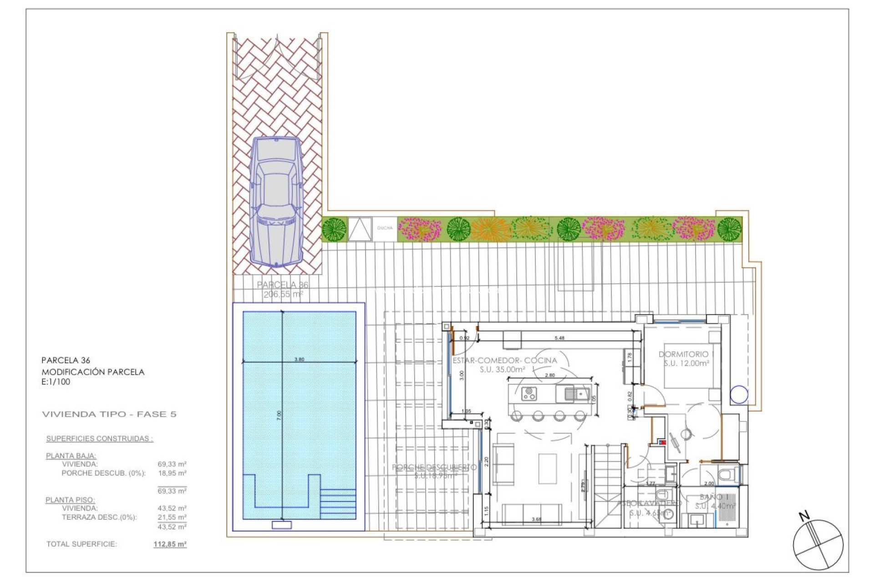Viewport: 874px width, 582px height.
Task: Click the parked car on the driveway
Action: (276, 201)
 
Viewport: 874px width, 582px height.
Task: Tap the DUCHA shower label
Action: (385, 228)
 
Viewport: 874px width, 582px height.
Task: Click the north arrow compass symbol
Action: (818, 543)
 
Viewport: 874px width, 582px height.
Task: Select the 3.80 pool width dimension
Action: (299, 359)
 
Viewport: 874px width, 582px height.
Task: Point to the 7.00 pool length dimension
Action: (279, 416)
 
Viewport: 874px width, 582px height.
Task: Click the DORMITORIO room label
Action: (683, 354)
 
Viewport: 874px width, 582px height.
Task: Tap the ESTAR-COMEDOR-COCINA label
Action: (504, 360)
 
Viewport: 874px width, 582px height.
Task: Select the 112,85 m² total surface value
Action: (170, 544)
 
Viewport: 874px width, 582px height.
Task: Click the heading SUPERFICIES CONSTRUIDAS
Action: (99, 438)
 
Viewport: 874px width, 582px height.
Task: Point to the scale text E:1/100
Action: (56, 382)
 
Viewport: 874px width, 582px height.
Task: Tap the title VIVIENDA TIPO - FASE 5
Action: (109, 414)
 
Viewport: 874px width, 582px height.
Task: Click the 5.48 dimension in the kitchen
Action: (559, 338)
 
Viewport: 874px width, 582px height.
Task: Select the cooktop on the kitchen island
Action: (529, 393)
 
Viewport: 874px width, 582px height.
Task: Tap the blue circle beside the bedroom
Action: (739, 395)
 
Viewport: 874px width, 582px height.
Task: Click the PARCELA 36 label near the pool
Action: (282, 285)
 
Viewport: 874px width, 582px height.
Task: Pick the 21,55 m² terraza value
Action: (172, 517)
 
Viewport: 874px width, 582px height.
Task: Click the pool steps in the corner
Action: (338, 503)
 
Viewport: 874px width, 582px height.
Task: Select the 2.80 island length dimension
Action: (550, 375)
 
